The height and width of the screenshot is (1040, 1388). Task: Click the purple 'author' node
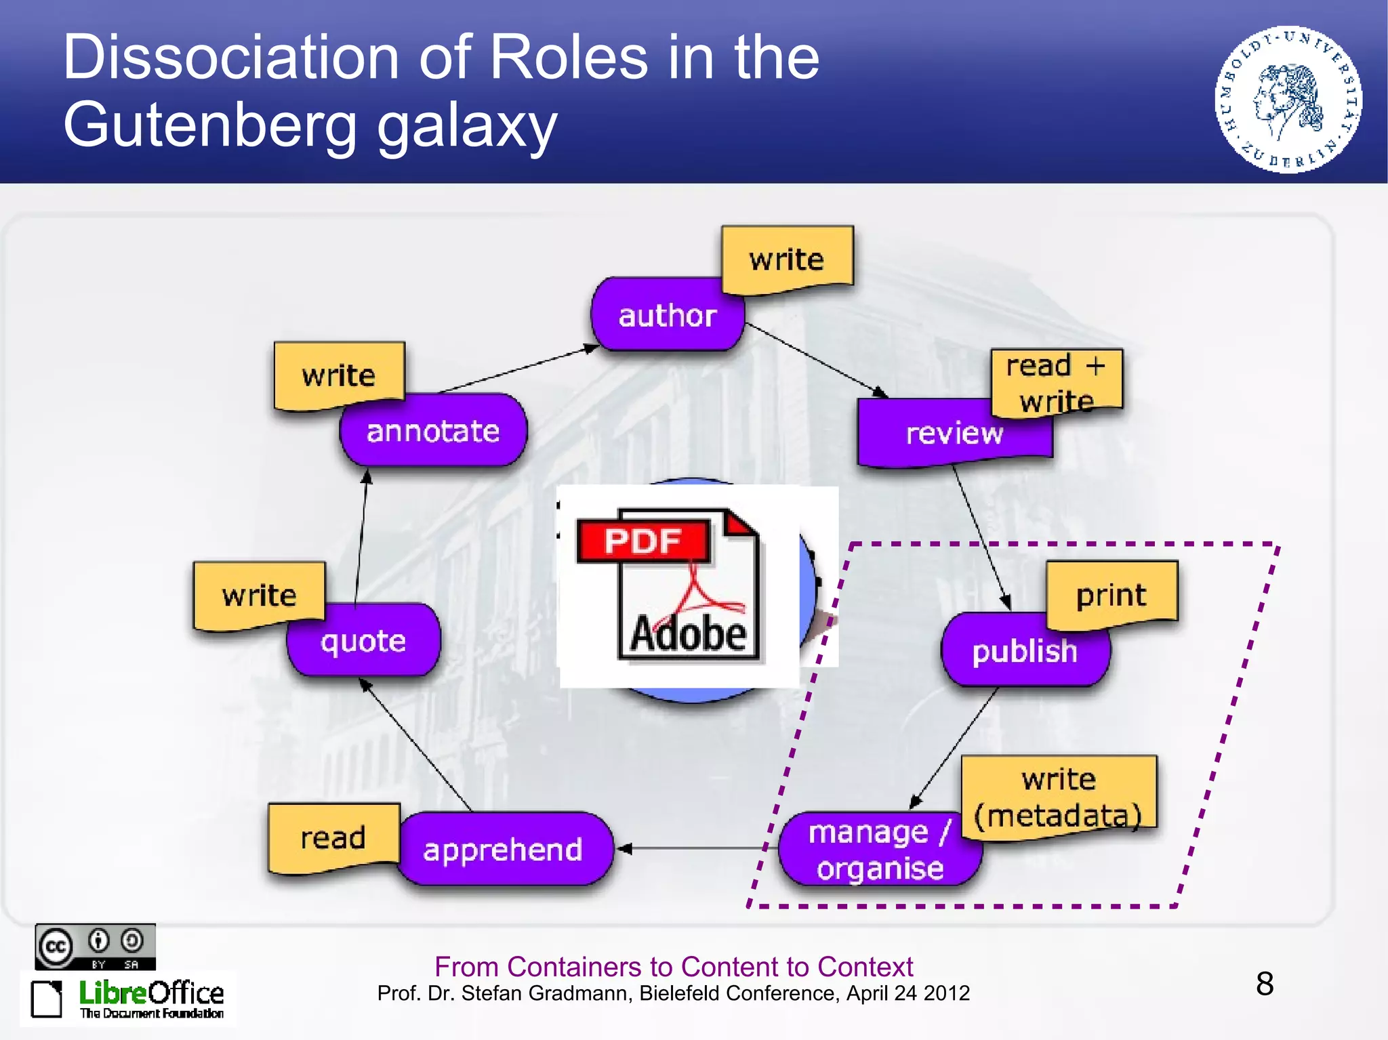pos(667,316)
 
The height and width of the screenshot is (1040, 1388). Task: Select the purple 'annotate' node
pos(433,431)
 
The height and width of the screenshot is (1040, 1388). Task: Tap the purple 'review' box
pos(954,434)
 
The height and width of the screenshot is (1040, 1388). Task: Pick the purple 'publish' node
pos(1024,651)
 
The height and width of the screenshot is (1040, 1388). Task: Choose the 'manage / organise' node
pos(880,850)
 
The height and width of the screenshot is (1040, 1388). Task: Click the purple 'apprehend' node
pos(503,850)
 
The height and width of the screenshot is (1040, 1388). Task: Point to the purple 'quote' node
pos(363,641)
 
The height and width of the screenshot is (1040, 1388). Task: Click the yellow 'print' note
pos(1111,594)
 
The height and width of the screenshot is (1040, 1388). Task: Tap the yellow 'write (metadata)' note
pos(1059,797)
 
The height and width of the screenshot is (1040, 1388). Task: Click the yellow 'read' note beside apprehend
pos(333,837)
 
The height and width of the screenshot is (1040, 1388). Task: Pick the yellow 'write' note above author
pos(786,259)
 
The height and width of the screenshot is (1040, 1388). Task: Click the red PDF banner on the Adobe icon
pos(642,541)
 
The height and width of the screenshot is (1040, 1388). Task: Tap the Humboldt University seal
pos(1287,100)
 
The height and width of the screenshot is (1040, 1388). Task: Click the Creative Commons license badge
pos(95,947)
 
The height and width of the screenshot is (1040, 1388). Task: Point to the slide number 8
pos(1264,984)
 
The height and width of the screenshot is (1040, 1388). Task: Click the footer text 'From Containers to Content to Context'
pos(674,966)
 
